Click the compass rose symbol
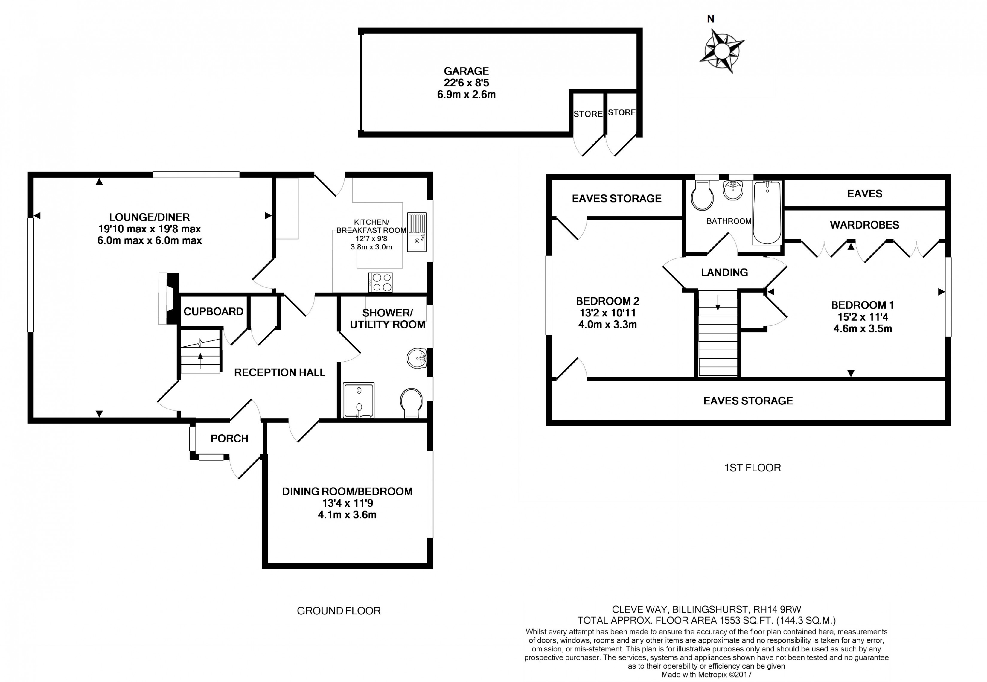722,51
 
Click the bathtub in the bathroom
767,212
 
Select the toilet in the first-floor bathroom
702,196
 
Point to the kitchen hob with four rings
380,282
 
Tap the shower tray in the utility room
359,400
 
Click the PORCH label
229,439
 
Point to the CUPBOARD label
213,311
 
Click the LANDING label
724,272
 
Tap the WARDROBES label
864,225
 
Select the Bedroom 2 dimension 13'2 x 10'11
607,313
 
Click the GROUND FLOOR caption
338,611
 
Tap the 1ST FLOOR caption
753,468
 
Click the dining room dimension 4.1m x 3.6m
347,514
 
